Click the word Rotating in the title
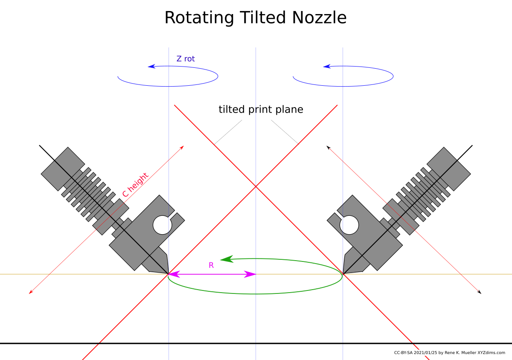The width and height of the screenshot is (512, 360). (199, 18)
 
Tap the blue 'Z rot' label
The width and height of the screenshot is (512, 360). (186, 59)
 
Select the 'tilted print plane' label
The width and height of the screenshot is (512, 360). (261, 110)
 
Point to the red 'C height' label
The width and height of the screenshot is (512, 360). (135, 185)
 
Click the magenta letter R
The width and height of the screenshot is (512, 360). (211, 265)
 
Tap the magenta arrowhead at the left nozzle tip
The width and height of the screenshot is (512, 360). (174, 274)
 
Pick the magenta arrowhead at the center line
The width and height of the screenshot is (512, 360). (250, 274)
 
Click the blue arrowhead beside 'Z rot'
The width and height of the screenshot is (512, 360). (151, 67)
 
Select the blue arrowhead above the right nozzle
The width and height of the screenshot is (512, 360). (327, 67)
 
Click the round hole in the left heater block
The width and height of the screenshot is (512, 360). (162, 225)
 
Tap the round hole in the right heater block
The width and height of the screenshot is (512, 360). (349, 225)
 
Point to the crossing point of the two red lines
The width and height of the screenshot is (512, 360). (256, 186)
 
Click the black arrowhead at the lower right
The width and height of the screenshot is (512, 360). (479, 292)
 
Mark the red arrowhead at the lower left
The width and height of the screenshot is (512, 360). (31, 292)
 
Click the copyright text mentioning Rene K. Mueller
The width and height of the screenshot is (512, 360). (449, 353)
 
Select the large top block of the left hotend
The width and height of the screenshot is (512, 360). (63, 169)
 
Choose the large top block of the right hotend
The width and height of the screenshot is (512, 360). (449, 169)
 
